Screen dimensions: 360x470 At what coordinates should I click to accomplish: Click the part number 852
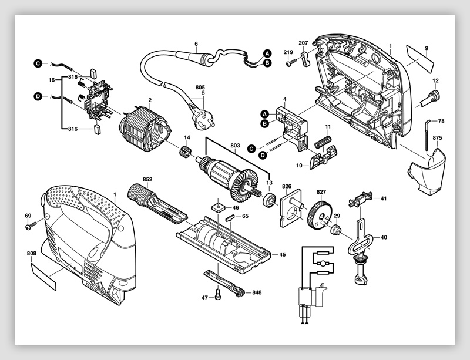pyautogui.click(x=147, y=179)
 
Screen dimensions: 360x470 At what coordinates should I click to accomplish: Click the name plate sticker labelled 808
pyautogui.click(x=43, y=274)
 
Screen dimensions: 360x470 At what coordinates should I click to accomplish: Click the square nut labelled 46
pyautogui.click(x=218, y=207)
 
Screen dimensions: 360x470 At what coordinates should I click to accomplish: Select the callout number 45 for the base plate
pyautogui.click(x=282, y=255)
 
